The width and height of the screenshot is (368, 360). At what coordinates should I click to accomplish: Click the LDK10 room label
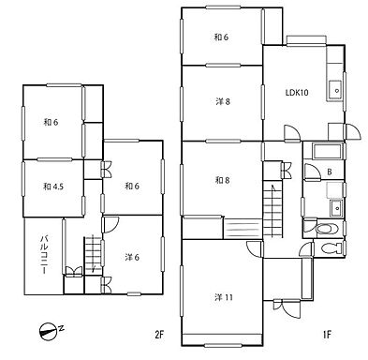pos(297,93)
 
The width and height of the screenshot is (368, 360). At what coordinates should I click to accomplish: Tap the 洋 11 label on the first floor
pos(224,297)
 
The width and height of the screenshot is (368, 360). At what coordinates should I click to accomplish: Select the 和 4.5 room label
pos(53,187)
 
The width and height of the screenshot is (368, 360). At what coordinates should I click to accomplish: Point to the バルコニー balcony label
pos(45,255)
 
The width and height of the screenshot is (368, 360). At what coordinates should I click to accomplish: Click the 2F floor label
pos(159,336)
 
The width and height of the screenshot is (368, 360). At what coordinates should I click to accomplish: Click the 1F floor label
pos(327,336)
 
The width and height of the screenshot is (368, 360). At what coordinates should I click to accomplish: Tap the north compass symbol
pos(49,332)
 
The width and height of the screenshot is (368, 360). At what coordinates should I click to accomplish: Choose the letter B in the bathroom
pos(330,172)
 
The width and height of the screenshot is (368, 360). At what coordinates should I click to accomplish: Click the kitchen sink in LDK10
pos(335,90)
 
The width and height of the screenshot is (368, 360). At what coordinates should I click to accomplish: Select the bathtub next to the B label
pos(328,152)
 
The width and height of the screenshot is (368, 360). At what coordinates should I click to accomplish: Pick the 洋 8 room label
pos(223,101)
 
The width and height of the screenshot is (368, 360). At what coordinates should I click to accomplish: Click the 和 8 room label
pos(223,180)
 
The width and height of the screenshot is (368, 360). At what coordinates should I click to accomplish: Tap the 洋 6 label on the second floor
pos(132,257)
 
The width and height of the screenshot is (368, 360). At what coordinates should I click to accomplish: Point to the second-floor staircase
pos(93,256)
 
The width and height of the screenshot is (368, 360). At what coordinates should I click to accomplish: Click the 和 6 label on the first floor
pos(221,37)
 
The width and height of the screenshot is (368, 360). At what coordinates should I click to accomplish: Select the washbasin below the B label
pos(336,207)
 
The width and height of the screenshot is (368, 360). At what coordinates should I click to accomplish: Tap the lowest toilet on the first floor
pos(331,248)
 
